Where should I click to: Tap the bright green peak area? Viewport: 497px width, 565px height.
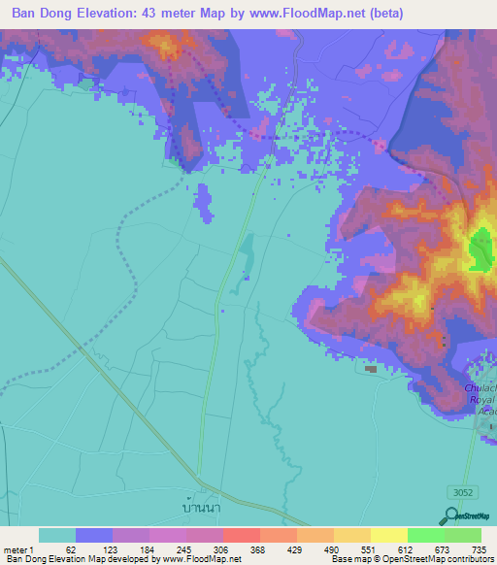(480, 249)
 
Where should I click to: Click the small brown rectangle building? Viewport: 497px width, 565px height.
(370, 368)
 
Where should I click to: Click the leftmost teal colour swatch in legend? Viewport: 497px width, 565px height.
(56, 535)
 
